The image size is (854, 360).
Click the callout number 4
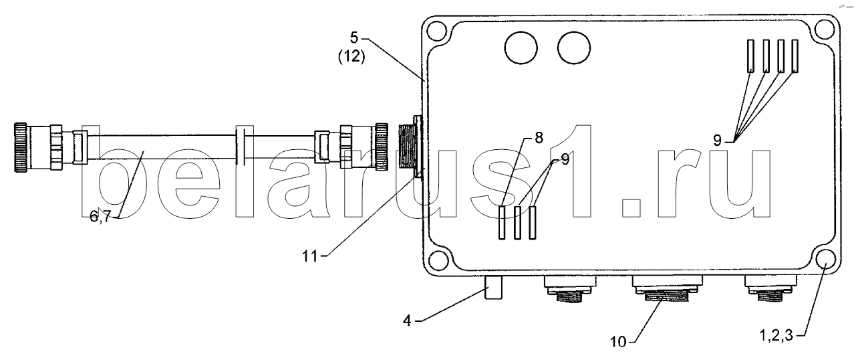407,321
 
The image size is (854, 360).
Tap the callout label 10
618,342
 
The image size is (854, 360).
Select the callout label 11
310,256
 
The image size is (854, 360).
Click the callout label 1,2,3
776,335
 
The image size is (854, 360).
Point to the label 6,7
100,217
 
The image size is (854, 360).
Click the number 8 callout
539,138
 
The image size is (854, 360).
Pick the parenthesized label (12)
351,56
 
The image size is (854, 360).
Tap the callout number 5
354,37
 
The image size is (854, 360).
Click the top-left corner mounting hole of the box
437,31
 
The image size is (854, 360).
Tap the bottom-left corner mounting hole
438,261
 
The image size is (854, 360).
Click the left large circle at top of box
521,48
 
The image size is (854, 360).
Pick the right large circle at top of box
574,48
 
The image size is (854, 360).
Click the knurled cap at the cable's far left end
21,147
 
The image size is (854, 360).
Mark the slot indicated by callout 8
502,223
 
